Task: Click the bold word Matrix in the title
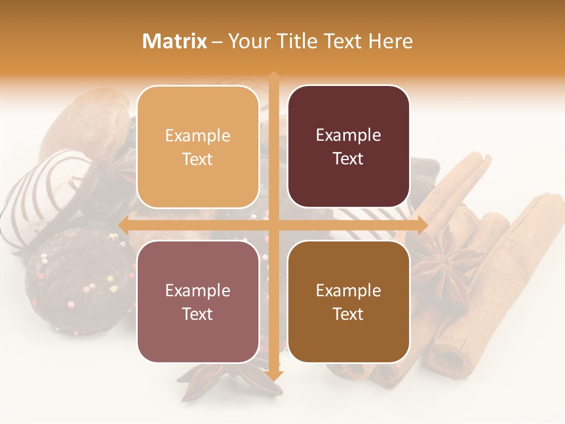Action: [x=175, y=41]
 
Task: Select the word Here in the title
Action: [x=391, y=41]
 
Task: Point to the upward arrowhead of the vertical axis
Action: [x=274, y=77]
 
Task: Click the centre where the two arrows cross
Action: [x=274, y=225]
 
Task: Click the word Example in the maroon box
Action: [x=348, y=135]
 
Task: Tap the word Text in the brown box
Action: [x=348, y=314]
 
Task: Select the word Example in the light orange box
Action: [x=198, y=136]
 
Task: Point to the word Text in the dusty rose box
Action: [x=198, y=314]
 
